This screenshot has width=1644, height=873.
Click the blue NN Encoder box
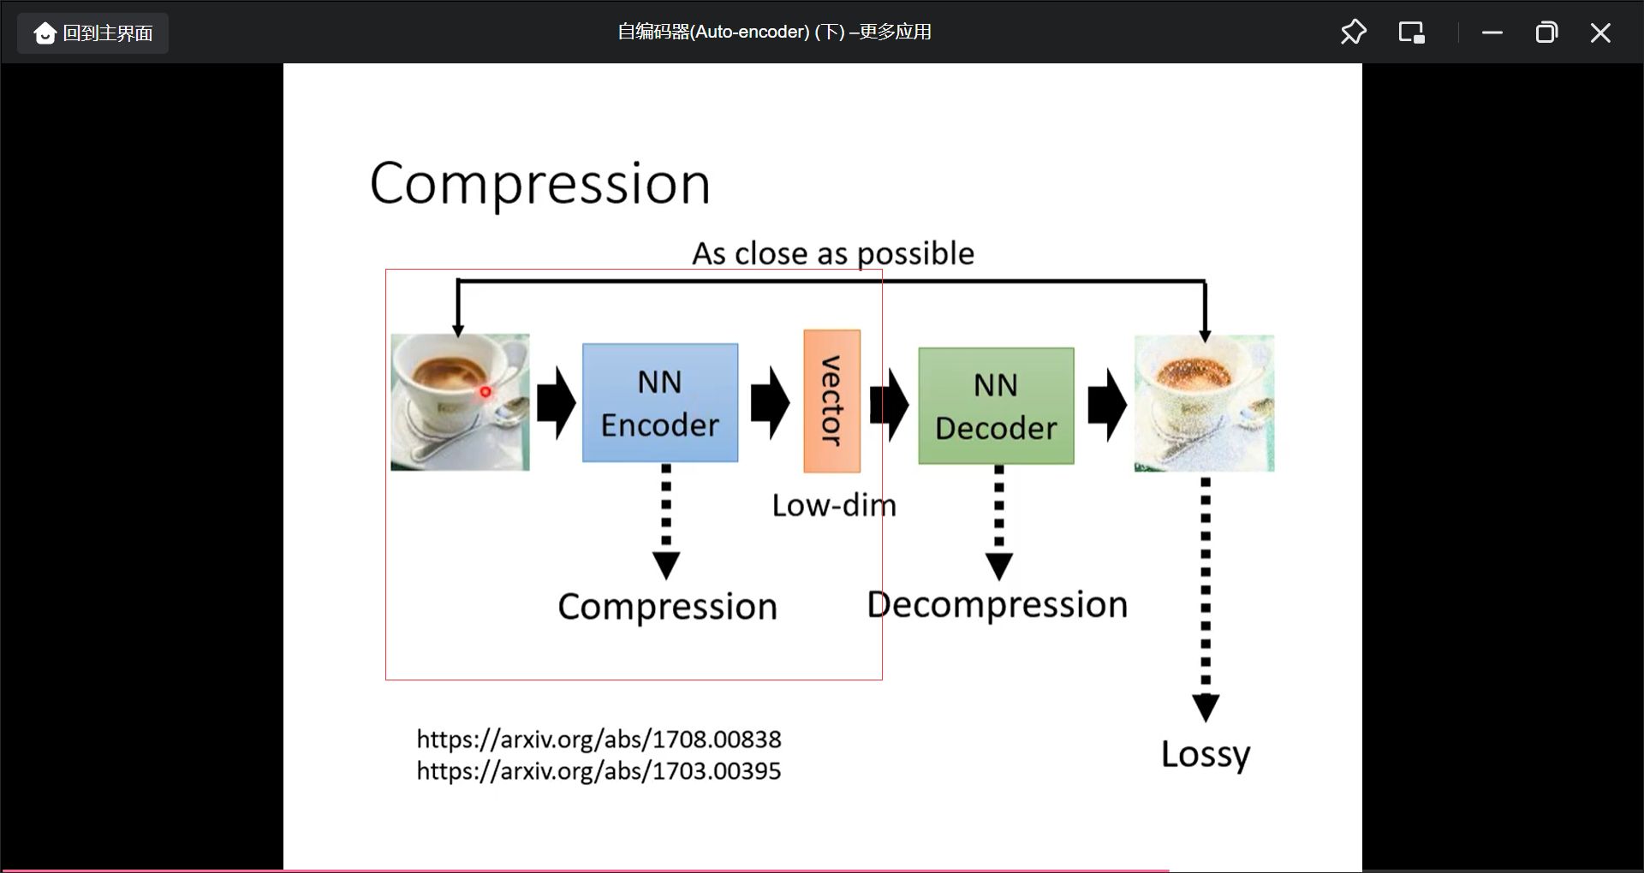[659, 402]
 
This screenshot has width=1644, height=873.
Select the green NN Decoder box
[996, 406]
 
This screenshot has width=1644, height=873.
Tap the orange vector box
[831, 401]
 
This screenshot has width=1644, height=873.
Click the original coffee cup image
[460, 401]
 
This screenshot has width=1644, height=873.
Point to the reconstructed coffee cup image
[1204, 402]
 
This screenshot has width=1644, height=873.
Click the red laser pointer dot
[485, 392]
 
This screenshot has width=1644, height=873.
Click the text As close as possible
[832, 253]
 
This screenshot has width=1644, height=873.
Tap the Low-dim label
[833, 505]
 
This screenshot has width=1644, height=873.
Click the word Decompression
[997, 604]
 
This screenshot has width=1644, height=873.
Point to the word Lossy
[1205, 754]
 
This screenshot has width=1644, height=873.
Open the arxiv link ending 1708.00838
[599, 739]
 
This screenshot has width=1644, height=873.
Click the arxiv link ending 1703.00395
[599, 770]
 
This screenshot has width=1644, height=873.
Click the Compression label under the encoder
[667, 606]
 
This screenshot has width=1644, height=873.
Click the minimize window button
[1492, 33]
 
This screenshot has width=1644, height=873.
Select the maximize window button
[1546, 33]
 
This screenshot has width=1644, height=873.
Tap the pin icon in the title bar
[1353, 33]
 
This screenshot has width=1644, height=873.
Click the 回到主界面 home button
[92, 33]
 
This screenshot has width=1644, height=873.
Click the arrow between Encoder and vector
[770, 402]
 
